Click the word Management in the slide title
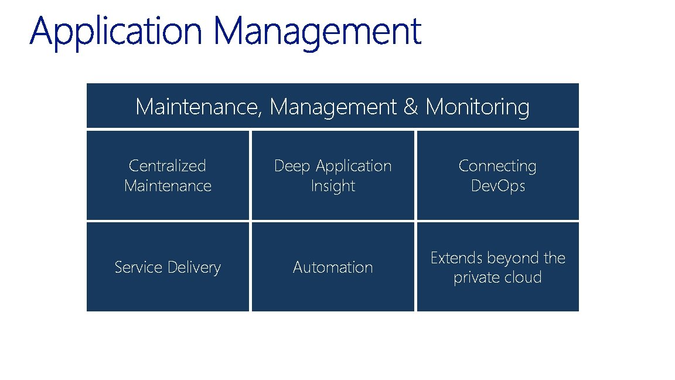[x=318, y=32]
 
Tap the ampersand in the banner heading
[x=411, y=107]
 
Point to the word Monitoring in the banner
[x=478, y=107]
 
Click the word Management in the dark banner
[x=334, y=107]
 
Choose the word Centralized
[x=168, y=166]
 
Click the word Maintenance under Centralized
[x=168, y=186]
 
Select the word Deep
[x=292, y=166]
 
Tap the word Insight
[x=333, y=186]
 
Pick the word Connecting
[x=497, y=166]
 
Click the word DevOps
[x=497, y=186]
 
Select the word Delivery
[x=194, y=267]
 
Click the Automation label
[x=333, y=267]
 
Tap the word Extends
[x=456, y=258]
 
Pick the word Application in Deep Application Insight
[x=353, y=166]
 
